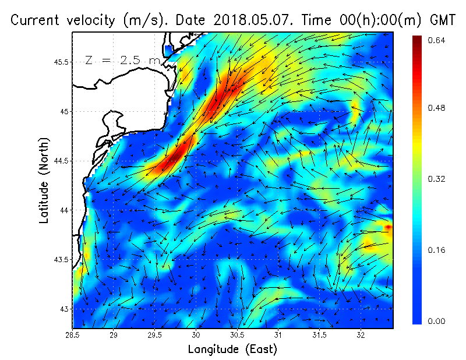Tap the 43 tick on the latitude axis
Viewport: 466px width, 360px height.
64,309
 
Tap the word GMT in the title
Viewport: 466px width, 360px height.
442,20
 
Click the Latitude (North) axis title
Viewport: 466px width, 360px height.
44,181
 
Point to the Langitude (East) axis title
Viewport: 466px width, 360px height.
232,350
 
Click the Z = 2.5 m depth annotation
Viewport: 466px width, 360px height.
122,60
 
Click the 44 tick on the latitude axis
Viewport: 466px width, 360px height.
64,210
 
